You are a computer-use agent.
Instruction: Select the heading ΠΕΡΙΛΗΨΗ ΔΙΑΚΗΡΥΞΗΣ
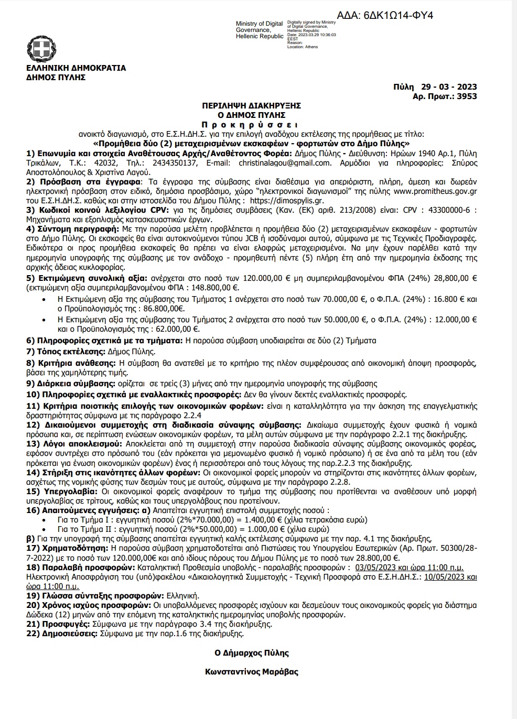pos(251,105)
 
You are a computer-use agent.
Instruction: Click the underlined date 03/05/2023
pos(376,568)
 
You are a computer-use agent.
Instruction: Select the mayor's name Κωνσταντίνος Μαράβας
pos(252,671)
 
